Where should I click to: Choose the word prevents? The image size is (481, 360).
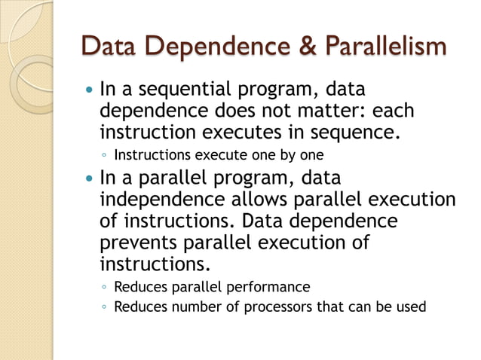pos(136,243)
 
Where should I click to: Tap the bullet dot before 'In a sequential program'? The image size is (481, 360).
pos(90,92)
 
